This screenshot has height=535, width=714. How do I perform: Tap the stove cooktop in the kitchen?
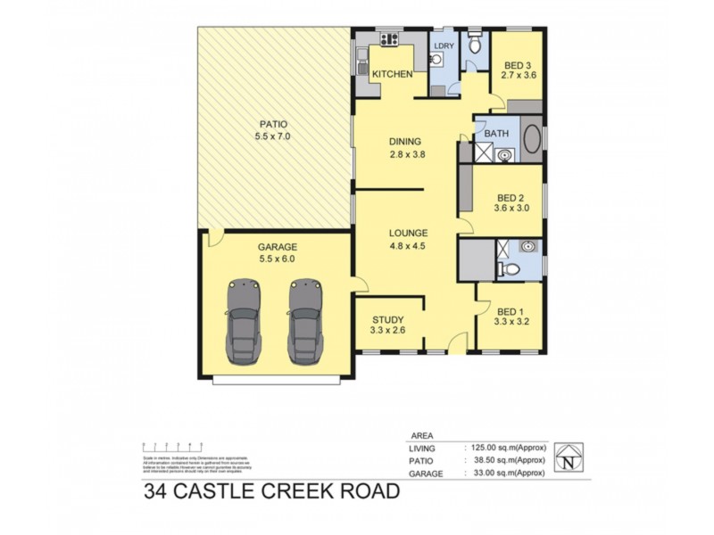tap(389, 39)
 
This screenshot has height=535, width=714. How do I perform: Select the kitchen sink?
tap(362, 62)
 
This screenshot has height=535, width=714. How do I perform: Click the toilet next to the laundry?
tap(476, 45)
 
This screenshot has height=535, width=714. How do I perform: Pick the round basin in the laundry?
tap(437, 60)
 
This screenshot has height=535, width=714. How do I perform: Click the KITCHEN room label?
tap(393, 74)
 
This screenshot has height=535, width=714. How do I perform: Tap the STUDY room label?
tap(388, 319)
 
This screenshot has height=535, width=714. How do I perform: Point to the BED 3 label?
tap(518, 65)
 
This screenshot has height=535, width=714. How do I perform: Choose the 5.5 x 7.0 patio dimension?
tap(273, 137)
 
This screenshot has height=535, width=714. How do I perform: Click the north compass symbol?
tap(569, 457)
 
